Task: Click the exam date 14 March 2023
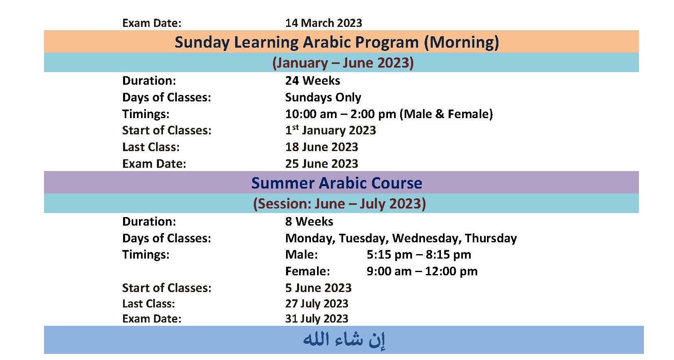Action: point(324,23)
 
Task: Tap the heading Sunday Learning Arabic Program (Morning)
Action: point(337,42)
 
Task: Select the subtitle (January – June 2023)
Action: point(343,63)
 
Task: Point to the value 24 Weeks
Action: point(313,81)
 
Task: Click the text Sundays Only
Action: point(323,97)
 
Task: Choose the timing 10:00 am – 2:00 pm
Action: point(341,114)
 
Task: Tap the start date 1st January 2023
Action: point(330,130)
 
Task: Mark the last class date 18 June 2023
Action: point(322,147)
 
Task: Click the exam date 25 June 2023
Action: point(322,164)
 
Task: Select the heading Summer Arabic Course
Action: point(337,183)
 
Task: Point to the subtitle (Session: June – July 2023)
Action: point(339,204)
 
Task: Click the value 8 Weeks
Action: point(309,222)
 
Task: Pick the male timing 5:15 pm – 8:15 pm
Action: point(418,255)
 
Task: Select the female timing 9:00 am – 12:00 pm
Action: point(422,271)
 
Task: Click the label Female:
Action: point(308,271)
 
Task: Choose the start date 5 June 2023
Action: point(318,288)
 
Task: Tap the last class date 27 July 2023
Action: point(317,304)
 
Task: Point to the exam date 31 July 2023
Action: point(317,319)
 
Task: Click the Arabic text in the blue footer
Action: point(344,340)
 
